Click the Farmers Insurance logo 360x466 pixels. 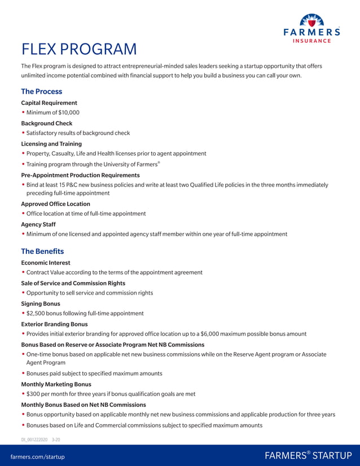311,29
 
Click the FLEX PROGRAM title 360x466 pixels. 78,50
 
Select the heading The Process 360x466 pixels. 41,91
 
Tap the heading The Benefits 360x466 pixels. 42,251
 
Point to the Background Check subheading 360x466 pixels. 47,123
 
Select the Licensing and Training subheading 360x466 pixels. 51,144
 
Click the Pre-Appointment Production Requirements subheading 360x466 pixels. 80,175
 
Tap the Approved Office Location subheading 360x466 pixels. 55,204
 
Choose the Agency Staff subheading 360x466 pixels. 38,224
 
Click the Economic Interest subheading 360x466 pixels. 46,262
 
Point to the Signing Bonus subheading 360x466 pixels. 41,304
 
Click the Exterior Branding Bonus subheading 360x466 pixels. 54,324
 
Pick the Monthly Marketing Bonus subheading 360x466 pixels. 56,384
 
